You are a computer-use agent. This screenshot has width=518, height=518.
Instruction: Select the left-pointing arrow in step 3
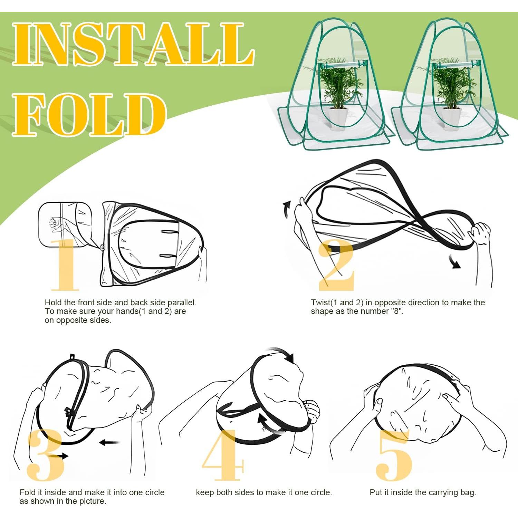coord(109,442)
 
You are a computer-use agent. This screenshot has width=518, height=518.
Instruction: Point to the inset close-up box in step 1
coord(65,224)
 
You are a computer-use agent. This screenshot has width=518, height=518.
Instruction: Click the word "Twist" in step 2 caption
coord(320,303)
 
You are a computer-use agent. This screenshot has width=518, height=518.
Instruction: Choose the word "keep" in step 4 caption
coord(205,492)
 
